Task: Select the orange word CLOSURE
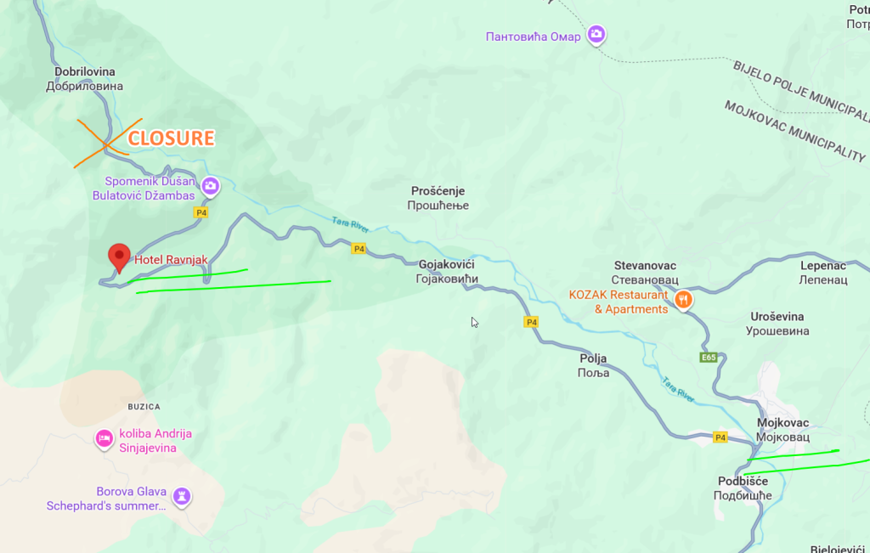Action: pos(171,138)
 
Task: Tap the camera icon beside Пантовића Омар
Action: pos(596,34)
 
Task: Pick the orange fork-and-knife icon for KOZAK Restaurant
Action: pos(683,300)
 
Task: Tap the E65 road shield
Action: pos(709,358)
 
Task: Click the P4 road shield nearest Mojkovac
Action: pos(720,437)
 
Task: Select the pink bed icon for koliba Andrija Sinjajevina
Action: pos(104,438)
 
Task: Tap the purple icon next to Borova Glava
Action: pos(181,496)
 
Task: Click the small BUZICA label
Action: pos(144,407)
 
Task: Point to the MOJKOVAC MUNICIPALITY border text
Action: pos(794,131)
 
